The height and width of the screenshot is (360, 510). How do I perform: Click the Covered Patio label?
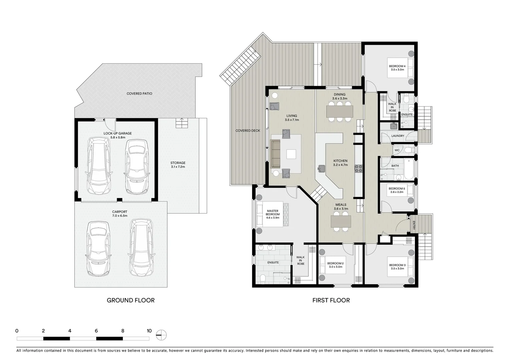click(x=139, y=94)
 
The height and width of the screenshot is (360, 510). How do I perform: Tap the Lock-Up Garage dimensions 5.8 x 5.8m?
click(x=117, y=137)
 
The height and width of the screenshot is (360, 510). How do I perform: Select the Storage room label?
click(x=178, y=163)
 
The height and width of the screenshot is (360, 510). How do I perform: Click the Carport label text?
click(x=120, y=212)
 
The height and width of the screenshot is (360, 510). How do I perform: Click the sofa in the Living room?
click(x=276, y=154)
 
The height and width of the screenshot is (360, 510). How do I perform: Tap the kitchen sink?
click(x=322, y=169)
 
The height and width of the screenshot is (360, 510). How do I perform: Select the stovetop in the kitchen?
click(x=359, y=169)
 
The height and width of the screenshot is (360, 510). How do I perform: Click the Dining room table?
click(x=340, y=111)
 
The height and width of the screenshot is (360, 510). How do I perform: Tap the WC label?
click(x=397, y=150)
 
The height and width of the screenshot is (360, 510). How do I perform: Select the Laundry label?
click(x=398, y=136)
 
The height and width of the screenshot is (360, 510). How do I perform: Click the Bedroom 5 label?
click(x=397, y=189)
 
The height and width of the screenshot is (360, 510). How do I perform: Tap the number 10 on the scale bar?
click(x=149, y=331)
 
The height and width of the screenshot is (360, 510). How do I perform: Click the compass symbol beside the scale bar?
click(x=161, y=335)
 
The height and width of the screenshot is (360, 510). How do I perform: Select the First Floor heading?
click(x=331, y=300)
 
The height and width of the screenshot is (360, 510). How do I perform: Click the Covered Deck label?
click(x=247, y=131)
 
